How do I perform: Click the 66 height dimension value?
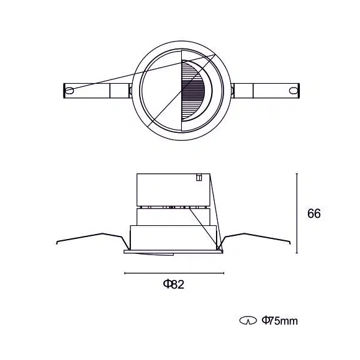(314, 214)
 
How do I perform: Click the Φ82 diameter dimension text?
(174, 284)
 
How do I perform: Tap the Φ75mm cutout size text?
(280, 321)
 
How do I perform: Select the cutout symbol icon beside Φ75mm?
(248, 321)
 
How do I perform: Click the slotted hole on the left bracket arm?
(70, 91)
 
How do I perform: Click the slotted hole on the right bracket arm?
(293, 91)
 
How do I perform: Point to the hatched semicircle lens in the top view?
(193, 91)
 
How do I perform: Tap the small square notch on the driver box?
(199, 178)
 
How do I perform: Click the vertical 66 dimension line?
(297, 214)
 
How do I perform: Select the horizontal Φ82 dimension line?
(174, 273)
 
